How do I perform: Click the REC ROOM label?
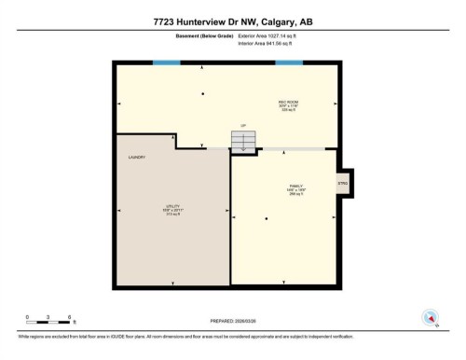pos(287,101)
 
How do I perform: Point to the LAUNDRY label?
pos(138,158)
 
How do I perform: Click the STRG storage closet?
pos(342,184)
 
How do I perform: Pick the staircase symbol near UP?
pos(242,140)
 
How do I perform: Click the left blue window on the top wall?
pos(167,62)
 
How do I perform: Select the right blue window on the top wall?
pos(288,62)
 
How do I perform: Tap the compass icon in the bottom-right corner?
pos(431,317)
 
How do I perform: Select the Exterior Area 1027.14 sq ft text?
pos(271,35)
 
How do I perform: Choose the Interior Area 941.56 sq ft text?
pos(271,44)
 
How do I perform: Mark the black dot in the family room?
pos(266,219)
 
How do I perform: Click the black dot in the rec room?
pos(203,94)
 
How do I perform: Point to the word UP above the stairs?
pos(242,125)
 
